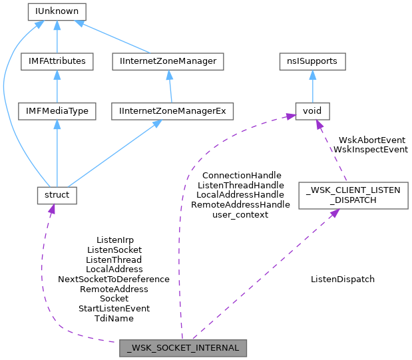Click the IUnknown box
tap(57, 12)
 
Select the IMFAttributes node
tap(57, 61)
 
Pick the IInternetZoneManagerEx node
tap(172, 110)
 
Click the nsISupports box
tap(312, 61)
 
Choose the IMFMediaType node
tap(57, 110)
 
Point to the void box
tap(312, 110)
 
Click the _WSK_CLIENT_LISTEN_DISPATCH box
tap(353, 196)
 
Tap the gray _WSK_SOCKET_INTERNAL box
tap(184, 347)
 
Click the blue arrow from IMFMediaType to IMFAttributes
tap(57, 87)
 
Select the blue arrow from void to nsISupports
tap(312, 87)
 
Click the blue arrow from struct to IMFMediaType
tap(57, 153)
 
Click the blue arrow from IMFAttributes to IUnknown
tap(57, 37)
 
